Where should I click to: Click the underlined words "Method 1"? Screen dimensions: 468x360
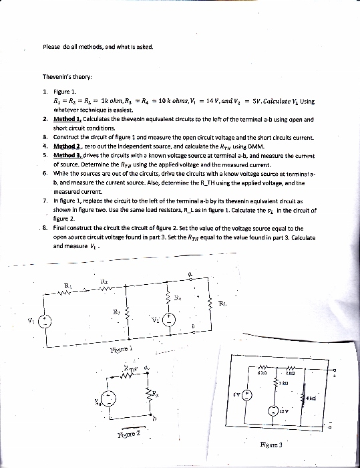[67, 120]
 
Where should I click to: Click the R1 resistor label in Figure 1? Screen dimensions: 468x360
[67, 285]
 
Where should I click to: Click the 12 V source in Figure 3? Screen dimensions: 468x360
[275, 411]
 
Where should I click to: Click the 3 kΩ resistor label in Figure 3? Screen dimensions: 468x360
[283, 383]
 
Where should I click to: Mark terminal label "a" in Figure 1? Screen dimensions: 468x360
[190, 273]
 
